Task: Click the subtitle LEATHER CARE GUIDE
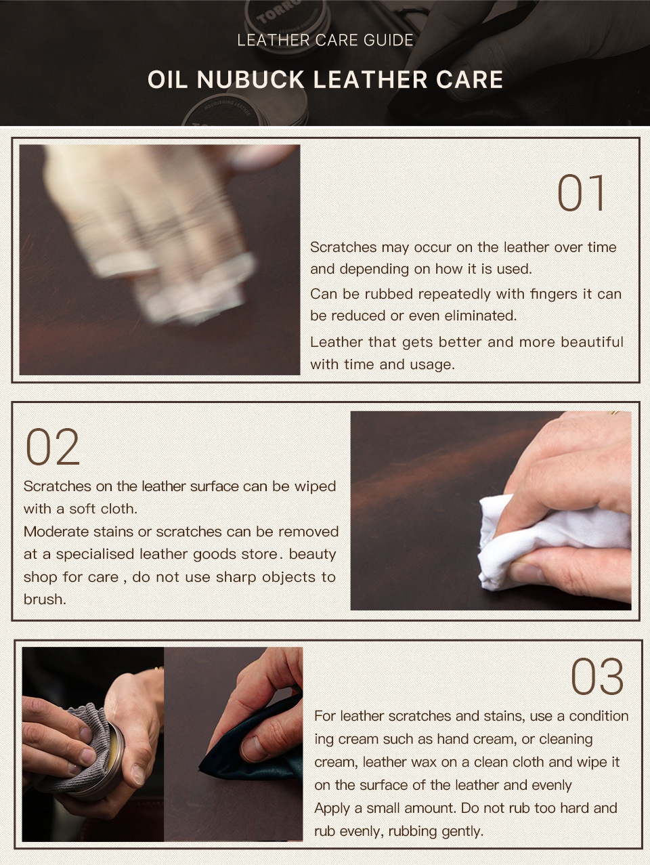(x=325, y=40)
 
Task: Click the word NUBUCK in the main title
(x=250, y=80)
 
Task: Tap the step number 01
(x=581, y=194)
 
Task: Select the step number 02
(x=53, y=447)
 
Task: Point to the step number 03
(x=597, y=677)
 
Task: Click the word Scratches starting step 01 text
(x=343, y=247)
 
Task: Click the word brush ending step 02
(x=45, y=599)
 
